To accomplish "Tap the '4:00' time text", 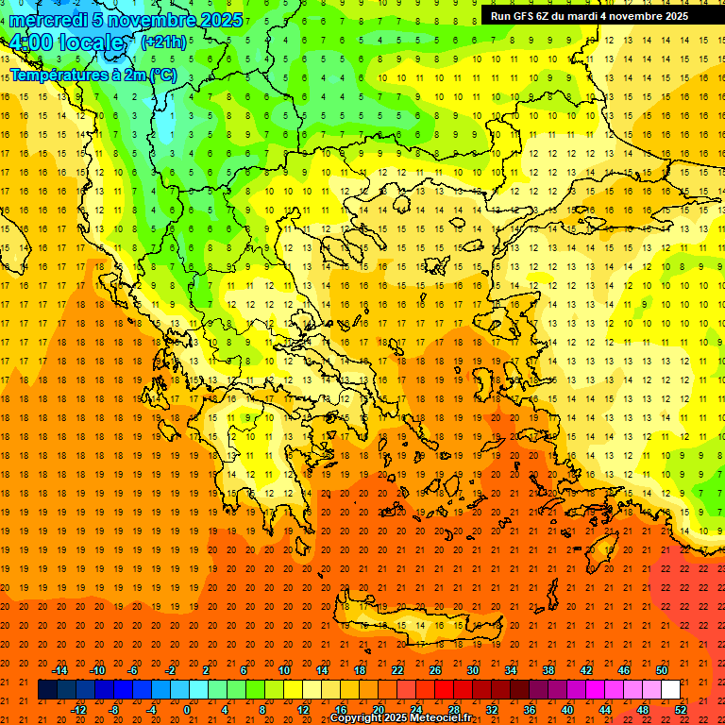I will [30, 43].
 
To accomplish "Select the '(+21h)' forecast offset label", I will [162, 42].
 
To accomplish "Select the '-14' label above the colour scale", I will [59, 670].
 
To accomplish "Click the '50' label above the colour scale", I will [662, 670].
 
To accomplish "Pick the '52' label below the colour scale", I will [681, 710].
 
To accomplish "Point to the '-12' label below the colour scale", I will [78, 710].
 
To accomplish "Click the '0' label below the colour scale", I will [187, 710].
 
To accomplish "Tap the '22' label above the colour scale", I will [397, 670].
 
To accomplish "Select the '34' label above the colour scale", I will [511, 670].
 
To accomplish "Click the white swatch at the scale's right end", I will [670, 690].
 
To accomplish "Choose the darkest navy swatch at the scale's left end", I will [47, 690].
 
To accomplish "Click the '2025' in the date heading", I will [219, 20].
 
